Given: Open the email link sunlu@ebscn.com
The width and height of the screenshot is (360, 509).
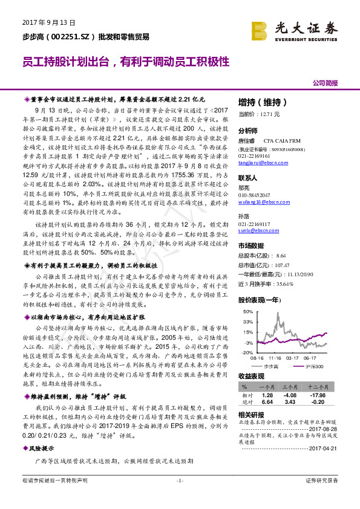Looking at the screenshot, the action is click(254, 231).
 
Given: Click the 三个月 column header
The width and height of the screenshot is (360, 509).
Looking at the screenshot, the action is click(289, 386).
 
